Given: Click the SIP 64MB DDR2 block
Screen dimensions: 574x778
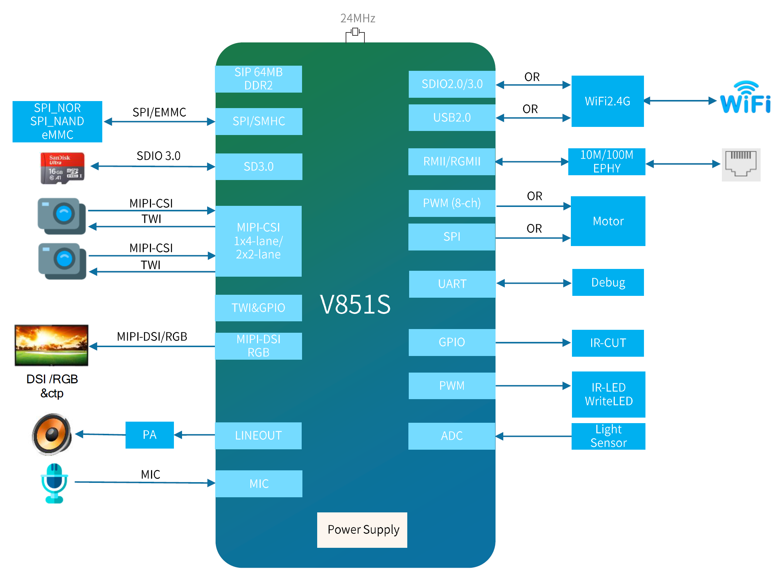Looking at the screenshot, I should point(258,79).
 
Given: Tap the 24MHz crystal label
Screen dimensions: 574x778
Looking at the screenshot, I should point(357,18).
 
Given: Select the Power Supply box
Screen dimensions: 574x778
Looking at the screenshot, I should point(362,530).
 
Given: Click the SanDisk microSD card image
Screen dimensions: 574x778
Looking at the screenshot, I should point(62,168).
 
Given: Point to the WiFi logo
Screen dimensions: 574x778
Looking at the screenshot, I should point(745,98).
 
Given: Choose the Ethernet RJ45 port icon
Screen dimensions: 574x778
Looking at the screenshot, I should point(741,165).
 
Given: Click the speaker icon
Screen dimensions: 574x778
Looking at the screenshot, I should point(52,434).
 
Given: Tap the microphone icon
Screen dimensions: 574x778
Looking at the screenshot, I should point(54,483).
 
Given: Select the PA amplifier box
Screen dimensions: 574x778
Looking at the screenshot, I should point(150,435).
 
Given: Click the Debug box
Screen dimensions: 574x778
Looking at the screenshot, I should point(608,283).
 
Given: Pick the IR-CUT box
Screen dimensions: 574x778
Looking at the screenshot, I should point(608,343).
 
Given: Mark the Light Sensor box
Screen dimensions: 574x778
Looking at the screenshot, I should point(608,436).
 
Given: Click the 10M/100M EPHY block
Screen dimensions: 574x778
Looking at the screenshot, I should point(607,162).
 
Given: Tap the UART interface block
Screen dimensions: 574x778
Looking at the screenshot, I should point(452,284).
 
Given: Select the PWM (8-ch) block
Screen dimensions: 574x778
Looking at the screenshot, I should point(452,203).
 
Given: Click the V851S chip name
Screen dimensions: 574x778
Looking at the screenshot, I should point(355,305).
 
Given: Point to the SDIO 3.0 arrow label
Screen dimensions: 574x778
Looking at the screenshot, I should point(158,156).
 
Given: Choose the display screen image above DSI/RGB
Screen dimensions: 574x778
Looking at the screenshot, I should point(52,345).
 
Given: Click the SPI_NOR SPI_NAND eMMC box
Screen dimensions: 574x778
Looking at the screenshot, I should point(57,121).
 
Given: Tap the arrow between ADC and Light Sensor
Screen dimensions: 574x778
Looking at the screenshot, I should point(533,436).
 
